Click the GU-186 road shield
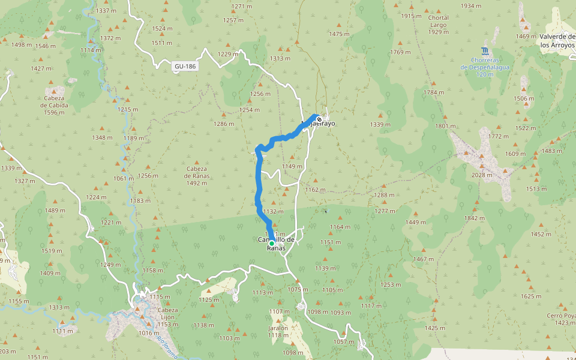click(185, 67)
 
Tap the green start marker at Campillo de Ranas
click(272, 244)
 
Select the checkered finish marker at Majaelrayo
click(319, 118)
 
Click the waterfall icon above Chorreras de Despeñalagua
click(485, 50)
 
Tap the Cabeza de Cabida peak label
click(54, 101)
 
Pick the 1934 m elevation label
click(471, 6)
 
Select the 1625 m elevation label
click(530, 296)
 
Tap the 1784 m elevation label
click(433, 92)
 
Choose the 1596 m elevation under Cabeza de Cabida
click(54, 112)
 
